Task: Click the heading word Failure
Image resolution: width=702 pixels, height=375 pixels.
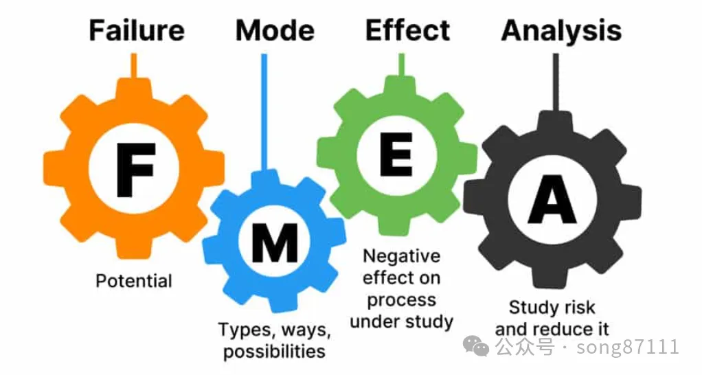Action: point(136,31)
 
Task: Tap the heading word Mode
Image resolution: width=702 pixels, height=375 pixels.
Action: point(275,31)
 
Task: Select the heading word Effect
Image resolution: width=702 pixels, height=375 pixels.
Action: point(407,31)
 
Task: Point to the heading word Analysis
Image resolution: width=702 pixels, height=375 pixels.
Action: point(561,31)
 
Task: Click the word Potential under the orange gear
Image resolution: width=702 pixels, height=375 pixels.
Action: point(134,281)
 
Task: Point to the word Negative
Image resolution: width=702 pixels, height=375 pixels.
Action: point(401,256)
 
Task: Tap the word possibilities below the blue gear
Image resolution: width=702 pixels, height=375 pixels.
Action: point(274,352)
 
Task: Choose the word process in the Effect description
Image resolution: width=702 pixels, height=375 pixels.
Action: point(401,300)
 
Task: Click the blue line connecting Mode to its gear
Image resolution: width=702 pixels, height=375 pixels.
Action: point(264,110)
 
